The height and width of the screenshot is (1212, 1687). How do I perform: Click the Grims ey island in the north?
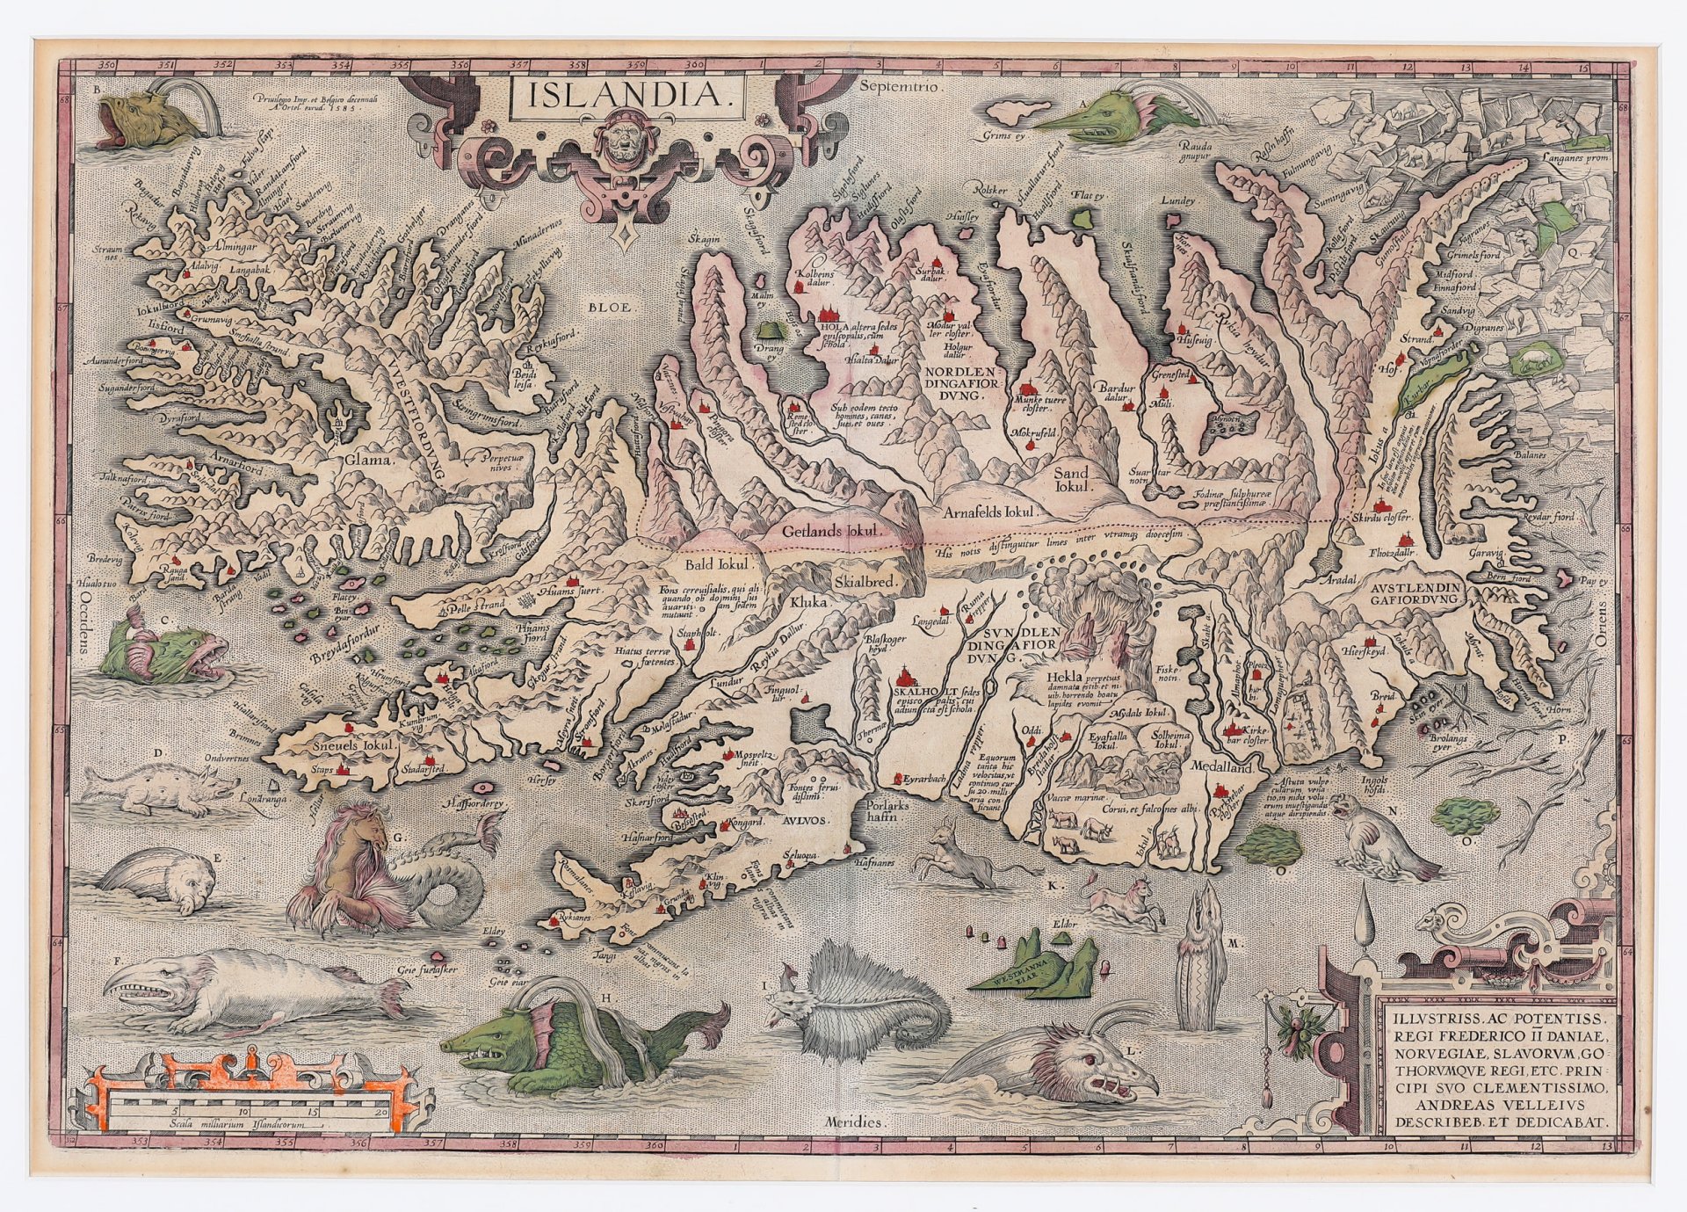click(x=1017, y=113)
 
